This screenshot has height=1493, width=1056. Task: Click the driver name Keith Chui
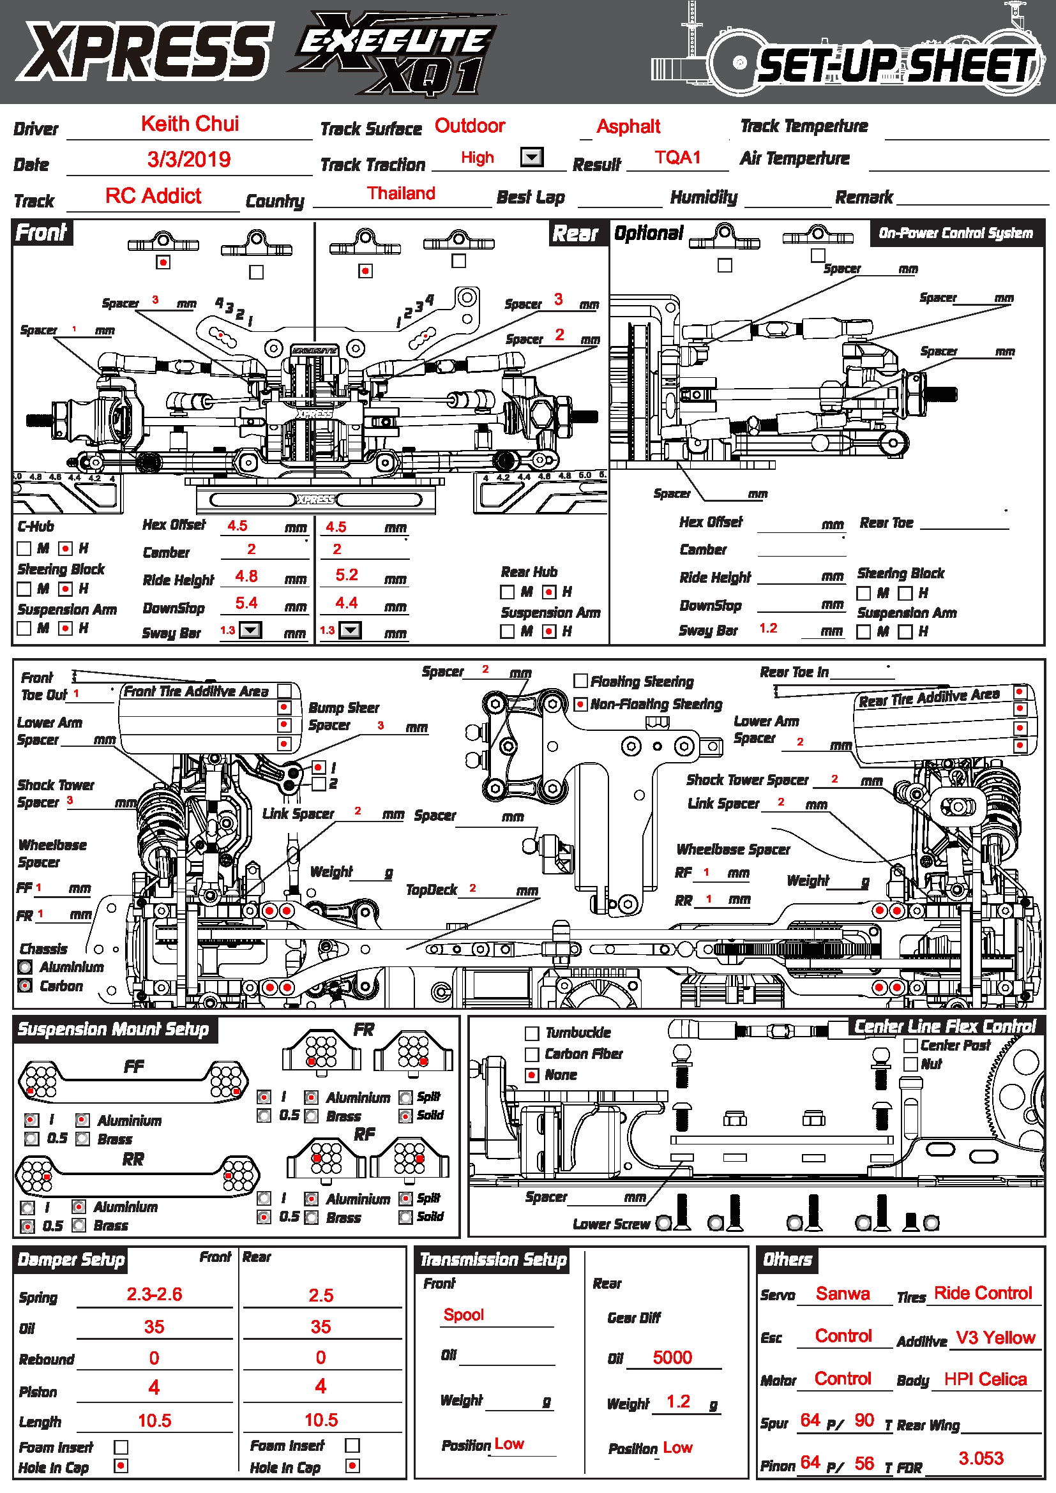pyautogui.click(x=190, y=124)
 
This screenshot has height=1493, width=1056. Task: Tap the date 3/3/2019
pyautogui.click(x=188, y=160)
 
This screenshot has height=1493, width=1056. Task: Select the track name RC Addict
pyautogui.click(x=153, y=196)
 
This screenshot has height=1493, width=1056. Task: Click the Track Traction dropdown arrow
pyautogui.click(x=532, y=158)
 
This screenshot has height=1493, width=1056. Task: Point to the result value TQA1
pyautogui.click(x=677, y=158)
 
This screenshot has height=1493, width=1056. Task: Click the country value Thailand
pyautogui.click(x=400, y=193)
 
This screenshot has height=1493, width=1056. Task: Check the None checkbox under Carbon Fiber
pyautogui.click(x=532, y=1075)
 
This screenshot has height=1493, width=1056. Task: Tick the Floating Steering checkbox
pyautogui.click(x=580, y=681)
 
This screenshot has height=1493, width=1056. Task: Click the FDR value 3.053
pyautogui.click(x=981, y=1458)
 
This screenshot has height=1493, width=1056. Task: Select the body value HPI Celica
pyautogui.click(x=985, y=1379)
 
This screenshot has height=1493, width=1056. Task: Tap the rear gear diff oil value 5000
pyautogui.click(x=672, y=1357)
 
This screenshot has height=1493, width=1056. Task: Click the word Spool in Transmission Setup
pyautogui.click(x=464, y=1314)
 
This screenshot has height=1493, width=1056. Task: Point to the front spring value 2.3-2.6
pyautogui.click(x=154, y=1294)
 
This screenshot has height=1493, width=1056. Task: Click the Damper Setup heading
pyautogui.click(x=71, y=1259)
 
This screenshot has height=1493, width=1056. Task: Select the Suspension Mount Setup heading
pyautogui.click(x=113, y=1029)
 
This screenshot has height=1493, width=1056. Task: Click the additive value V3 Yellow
pyautogui.click(x=995, y=1337)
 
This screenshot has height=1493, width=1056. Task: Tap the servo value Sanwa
pyautogui.click(x=843, y=1293)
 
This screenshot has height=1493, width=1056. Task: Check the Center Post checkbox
pyautogui.click(x=911, y=1045)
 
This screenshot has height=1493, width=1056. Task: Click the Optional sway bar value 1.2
pyautogui.click(x=768, y=628)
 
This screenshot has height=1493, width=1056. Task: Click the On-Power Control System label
pyautogui.click(x=955, y=233)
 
